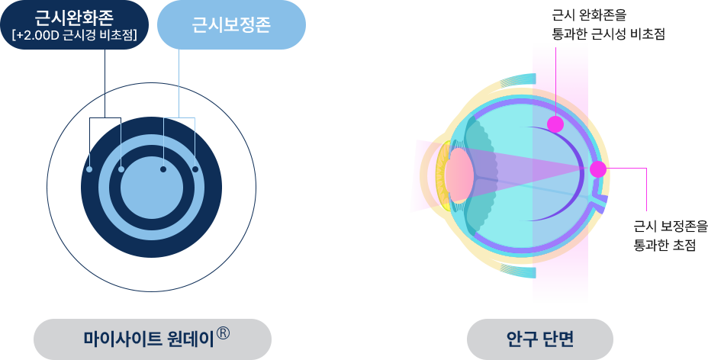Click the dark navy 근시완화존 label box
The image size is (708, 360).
click(74, 25)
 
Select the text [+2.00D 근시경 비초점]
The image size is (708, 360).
click(74, 35)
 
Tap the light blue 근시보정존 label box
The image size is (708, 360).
click(231, 25)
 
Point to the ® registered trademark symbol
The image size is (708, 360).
click(224, 333)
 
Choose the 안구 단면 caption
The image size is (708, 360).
click(539, 338)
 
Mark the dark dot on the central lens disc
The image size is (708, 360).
click(163, 169)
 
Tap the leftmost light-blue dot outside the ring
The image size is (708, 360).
click(89, 169)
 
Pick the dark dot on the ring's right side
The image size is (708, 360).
click(195, 169)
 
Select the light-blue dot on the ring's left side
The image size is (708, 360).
click(121, 169)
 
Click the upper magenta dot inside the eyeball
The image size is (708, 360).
click(555, 124)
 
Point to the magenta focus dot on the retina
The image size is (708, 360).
click(598, 169)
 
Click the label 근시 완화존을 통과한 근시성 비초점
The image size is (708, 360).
click(607, 24)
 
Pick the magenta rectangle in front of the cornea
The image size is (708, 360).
click(420, 175)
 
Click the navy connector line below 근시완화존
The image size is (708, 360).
click(104, 66)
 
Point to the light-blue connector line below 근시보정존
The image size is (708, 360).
click(179, 67)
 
